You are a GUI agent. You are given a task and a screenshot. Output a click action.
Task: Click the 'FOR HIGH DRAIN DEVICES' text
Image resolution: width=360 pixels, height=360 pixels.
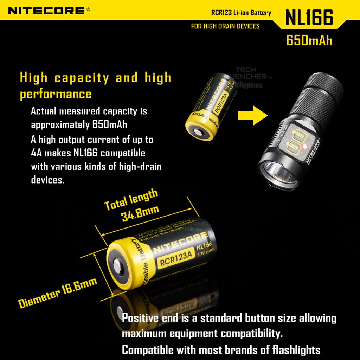tap(225, 26)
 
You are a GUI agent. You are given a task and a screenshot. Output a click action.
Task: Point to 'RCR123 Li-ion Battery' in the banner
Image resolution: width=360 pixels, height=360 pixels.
tap(241, 13)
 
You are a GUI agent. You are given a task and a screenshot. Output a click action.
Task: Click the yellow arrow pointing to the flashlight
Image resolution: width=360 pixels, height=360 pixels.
tap(252, 115)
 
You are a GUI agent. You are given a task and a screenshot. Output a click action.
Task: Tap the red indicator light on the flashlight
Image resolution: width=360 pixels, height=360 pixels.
tap(305, 146)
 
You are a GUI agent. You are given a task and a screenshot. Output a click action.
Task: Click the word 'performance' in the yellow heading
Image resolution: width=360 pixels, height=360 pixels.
tap(56, 94)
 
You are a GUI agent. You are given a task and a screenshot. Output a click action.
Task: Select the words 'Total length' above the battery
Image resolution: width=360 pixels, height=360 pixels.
tap(131, 199)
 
